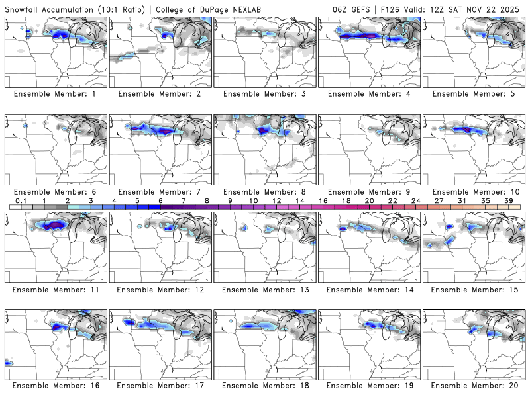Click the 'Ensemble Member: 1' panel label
pos(56,94)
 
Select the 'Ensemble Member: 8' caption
pos(265,192)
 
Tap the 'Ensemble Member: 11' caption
pos(56,289)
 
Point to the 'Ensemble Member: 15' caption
pos(474,289)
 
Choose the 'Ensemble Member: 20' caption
pos(474,386)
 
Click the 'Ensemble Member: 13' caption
pos(265,289)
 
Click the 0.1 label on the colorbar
pos(21,201)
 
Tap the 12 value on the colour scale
pos(276,201)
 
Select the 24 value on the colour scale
pos(416,201)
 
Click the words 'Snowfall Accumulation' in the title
pos(49,10)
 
